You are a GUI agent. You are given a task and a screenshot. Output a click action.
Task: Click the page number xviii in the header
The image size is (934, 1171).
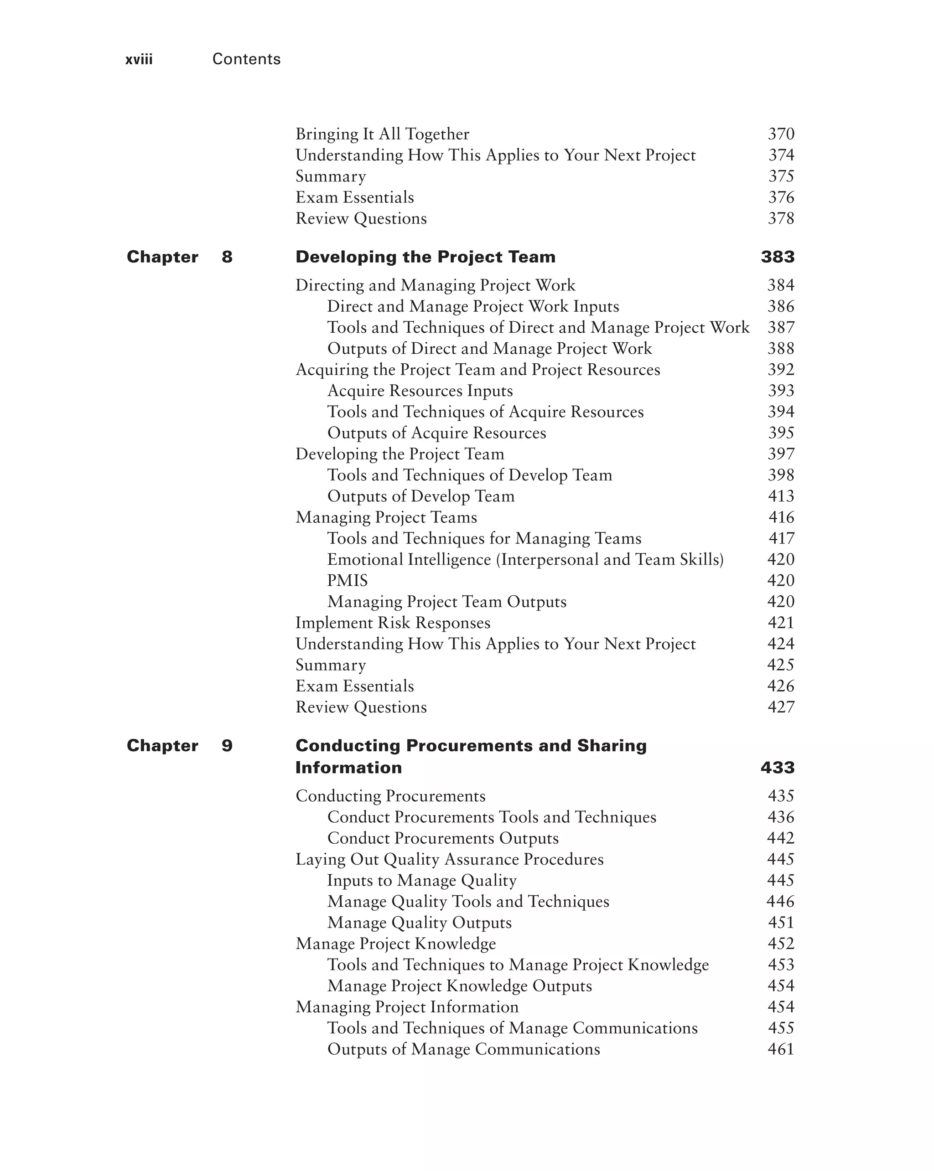coord(139,59)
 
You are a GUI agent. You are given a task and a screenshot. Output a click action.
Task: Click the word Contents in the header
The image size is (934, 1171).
coord(246,59)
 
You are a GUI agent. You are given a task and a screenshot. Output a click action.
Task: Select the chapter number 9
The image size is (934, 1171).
coord(227,745)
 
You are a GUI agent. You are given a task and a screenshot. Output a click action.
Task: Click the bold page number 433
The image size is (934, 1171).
coord(777,768)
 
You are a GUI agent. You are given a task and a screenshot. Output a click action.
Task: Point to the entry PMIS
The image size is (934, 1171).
coord(347,580)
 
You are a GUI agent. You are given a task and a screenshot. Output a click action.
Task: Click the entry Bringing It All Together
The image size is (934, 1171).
coord(382,134)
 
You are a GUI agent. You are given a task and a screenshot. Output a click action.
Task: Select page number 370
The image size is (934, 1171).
coord(781,134)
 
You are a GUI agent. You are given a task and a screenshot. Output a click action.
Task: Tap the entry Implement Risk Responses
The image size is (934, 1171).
coord(392,623)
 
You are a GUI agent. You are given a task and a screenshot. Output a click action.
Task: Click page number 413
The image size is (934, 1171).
coord(781,496)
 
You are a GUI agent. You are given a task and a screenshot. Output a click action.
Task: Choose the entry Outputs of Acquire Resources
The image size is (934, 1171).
coord(436,433)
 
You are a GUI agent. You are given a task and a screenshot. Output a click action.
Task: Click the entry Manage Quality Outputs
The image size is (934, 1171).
coord(419,922)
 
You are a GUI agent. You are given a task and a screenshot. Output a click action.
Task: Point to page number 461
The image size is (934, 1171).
coord(781,1049)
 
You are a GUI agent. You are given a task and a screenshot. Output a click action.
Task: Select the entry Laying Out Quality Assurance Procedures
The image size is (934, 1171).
coord(449,859)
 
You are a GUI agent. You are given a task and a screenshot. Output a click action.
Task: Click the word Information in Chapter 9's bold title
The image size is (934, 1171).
coord(348,768)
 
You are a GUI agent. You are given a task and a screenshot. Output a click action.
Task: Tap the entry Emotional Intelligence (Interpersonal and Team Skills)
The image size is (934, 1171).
coord(525,559)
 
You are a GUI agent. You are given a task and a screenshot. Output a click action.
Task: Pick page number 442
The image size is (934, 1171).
coord(781,838)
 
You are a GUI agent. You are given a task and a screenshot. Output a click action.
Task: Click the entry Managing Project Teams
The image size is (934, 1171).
coord(386,517)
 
